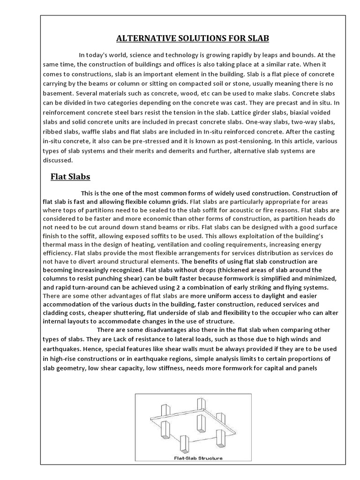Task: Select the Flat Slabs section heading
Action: [70, 177]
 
